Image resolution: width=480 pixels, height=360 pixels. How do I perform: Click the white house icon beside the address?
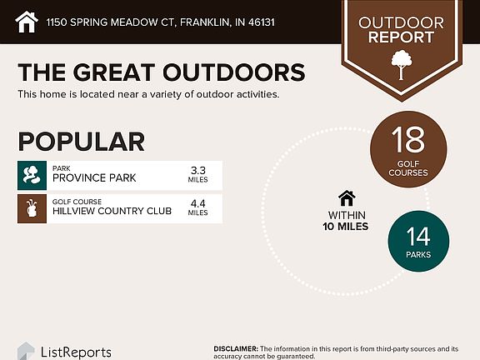click(x=27, y=22)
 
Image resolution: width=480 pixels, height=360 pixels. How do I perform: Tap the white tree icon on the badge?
click(x=402, y=65)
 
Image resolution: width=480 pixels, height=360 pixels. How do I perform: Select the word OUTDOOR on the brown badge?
click(x=401, y=23)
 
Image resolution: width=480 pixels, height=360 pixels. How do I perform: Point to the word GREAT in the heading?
click(x=113, y=72)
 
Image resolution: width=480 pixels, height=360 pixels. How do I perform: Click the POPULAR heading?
click(x=81, y=142)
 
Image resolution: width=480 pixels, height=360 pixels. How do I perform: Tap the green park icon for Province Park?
click(x=32, y=175)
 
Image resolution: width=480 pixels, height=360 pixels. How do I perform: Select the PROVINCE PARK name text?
click(x=94, y=177)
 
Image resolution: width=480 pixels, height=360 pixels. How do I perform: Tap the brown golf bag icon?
click(x=32, y=208)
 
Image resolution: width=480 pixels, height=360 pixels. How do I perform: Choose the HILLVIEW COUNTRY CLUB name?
click(x=112, y=211)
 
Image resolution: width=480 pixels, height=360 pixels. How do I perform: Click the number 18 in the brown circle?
click(x=408, y=140)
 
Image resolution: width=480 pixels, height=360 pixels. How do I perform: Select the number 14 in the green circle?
click(x=418, y=237)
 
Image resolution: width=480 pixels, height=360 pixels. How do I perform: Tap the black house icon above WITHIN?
click(x=347, y=198)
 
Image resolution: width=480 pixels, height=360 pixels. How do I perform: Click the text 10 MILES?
click(x=346, y=227)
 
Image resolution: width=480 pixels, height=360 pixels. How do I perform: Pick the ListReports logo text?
click(x=76, y=352)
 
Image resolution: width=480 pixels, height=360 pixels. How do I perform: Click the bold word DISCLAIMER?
click(x=236, y=348)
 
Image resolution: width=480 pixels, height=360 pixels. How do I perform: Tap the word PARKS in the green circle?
click(x=418, y=254)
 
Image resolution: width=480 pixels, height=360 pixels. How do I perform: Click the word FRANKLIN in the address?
click(x=205, y=22)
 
